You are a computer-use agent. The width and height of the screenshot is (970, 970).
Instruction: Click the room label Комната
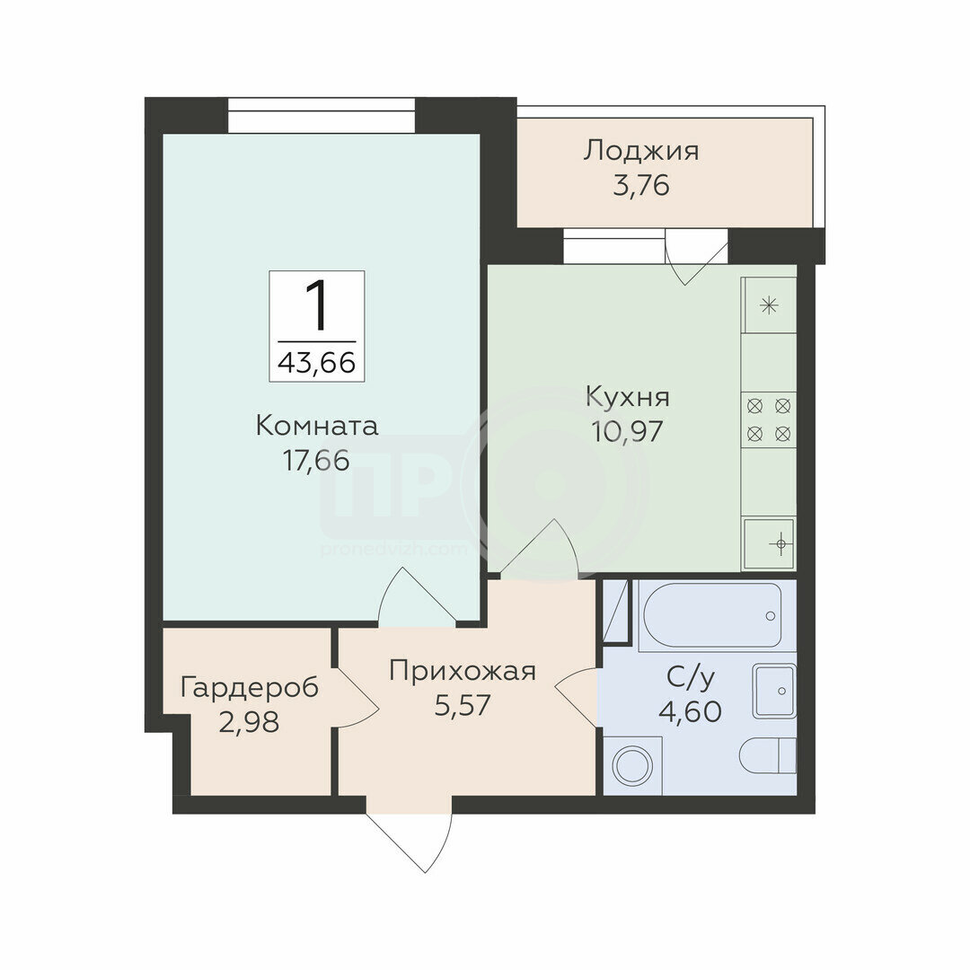[x=317, y=427]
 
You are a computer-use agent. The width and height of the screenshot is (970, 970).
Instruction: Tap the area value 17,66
[x=316, y=461]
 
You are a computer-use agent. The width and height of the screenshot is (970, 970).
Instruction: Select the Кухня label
[x=628, y=397]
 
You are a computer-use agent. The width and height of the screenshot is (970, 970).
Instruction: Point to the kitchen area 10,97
[x=627, y=431]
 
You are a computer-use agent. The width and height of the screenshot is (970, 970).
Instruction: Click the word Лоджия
[x=641, y=152]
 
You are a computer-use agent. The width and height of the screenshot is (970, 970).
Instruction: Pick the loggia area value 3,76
[x=641, y=185]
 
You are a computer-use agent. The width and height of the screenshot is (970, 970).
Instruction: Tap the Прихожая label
[x=463, y=671]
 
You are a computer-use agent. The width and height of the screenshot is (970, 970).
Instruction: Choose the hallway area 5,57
[x=463, y=705]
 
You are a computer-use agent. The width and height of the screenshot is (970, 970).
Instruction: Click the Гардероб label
[x=250, y=688]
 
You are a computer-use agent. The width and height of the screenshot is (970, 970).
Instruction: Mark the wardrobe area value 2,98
[x=249, y=722]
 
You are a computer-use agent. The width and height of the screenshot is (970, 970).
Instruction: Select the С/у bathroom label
[x=691, y=678]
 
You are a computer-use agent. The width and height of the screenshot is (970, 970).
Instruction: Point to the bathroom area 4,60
[x=691, y=711]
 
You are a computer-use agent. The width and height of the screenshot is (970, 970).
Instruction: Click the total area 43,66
[x=317, y=363]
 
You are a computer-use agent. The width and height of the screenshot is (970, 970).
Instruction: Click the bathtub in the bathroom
[x=712, y=615]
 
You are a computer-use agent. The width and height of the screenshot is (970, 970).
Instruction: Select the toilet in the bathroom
[x=768, y=755]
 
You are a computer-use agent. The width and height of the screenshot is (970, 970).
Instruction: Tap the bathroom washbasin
[x=774, y=691]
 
